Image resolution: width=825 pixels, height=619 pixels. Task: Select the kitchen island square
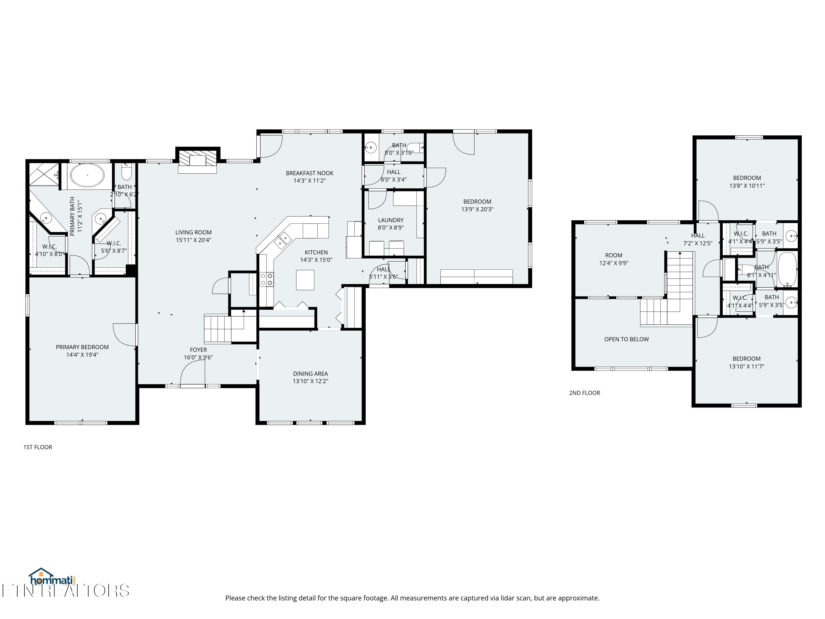[305, 280]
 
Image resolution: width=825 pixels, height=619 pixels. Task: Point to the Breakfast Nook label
[310, 173]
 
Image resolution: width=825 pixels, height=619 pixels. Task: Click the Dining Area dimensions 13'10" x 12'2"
[310, 381]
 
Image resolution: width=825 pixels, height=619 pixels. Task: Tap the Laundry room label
[391, 220]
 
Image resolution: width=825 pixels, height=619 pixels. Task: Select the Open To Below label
[626, 339]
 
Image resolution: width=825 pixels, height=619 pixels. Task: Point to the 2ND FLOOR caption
[584, 393]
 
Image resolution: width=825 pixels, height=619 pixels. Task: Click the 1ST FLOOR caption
[38, 447]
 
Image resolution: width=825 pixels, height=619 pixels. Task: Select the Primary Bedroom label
[82, 347]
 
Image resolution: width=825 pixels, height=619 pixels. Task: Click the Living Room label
[193, 232]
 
